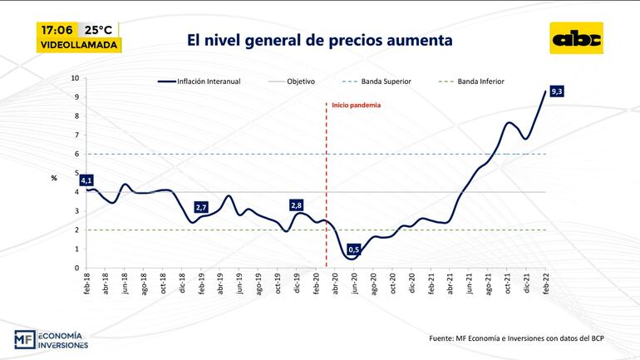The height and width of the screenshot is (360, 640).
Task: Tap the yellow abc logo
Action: (x=577, y=38)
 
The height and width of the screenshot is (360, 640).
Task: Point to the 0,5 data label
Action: (x=354, y=249)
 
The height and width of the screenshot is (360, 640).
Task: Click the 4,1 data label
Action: (x=86, y=180)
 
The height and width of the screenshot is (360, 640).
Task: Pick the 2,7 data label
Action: (x=201, y=207)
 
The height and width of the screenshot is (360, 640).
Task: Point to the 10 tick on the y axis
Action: (x=75, y=78)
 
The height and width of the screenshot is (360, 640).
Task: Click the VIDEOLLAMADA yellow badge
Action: (x=80, y=45)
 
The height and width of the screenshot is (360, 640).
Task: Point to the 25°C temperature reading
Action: (x=99, y=29)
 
